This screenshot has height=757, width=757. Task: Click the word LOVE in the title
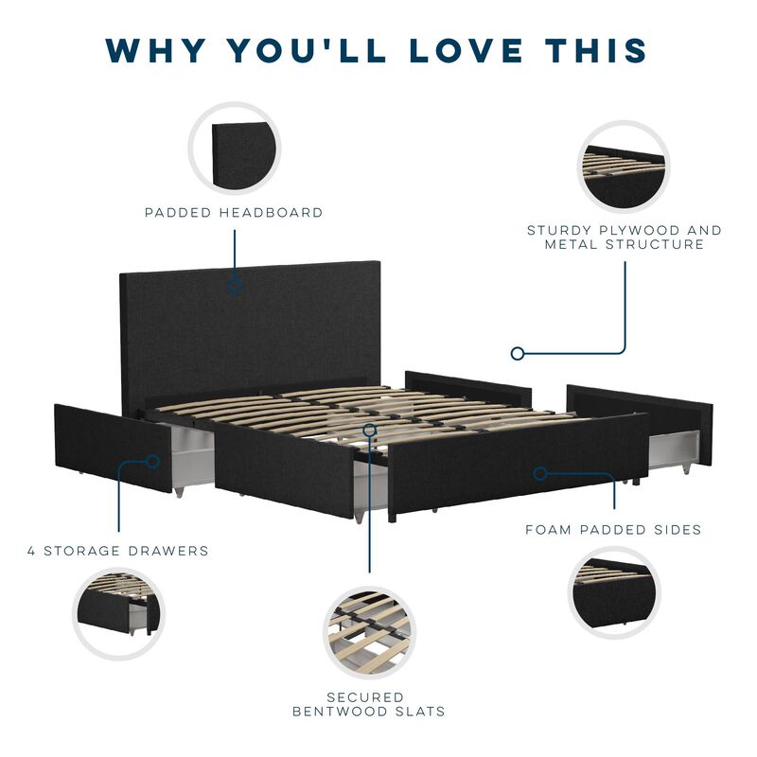[x=467, y=51]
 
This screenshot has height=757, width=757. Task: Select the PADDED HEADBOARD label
[x=234, y=212]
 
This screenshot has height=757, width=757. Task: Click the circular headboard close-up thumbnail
[x=235, y=149]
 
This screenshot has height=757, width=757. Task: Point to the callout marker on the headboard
[x=235, y=286]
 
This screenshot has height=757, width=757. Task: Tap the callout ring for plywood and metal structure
[x=517, y=353]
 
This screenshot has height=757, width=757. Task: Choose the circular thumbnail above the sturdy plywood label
[x=624, y=167]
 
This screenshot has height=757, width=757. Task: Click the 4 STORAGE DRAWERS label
[x=118, y=551]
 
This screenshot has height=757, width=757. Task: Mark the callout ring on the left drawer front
[x=152, y=462]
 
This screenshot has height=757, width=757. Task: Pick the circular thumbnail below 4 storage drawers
[x=119, y=613]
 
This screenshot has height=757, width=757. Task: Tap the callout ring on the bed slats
[x=370, y=430]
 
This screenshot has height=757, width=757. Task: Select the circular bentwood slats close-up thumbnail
[x=369, y=632]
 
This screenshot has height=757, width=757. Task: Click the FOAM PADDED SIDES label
[x=613, y=530]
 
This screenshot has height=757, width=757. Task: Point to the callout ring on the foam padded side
[x=540, y=474]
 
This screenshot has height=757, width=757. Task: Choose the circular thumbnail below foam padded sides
[x=614, y=593]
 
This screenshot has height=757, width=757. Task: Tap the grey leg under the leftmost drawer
[x=179, y=492]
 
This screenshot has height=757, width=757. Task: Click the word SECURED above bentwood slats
[x=365, y=697]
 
